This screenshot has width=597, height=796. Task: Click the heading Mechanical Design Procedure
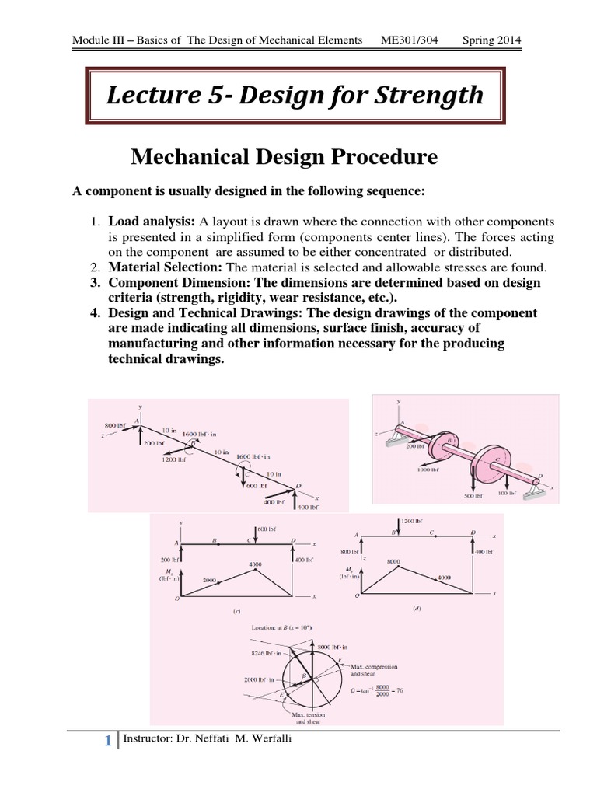pyautogui.click(x=284, y=158)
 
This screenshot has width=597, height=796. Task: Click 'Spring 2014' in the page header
pyautogui.click(x=491, y=40)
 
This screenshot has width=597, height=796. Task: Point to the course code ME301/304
pyautogui.click(x=417, y=40)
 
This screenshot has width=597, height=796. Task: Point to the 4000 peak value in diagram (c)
pyautogui.click(x=254, y=564)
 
